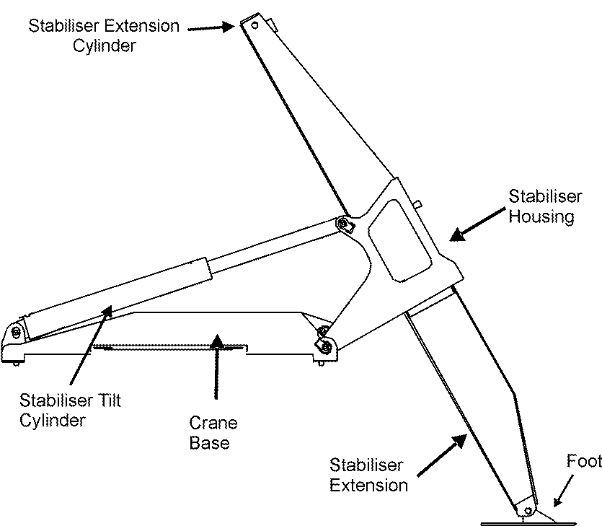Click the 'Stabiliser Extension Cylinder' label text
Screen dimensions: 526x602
(103, 36)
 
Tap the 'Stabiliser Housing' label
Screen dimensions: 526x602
(541, 206)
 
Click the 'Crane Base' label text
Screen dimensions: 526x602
(213, 432)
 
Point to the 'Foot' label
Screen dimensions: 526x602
(583, 462)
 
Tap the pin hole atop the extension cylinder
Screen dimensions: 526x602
(254, 24)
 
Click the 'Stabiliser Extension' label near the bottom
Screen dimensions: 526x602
(368, 474)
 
